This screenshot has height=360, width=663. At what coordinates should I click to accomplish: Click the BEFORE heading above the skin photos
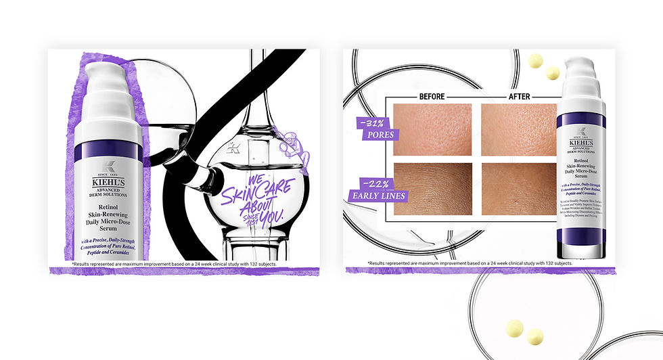(x=432, y=96)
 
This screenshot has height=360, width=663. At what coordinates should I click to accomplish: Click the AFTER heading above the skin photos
(x=519, y=96)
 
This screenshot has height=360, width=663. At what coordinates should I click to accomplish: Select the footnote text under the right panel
(x=470, y=263)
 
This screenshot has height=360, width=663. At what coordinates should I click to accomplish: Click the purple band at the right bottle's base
(x=580, y=236)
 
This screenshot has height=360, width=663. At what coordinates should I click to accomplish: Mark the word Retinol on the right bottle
(x=580, y=161)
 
